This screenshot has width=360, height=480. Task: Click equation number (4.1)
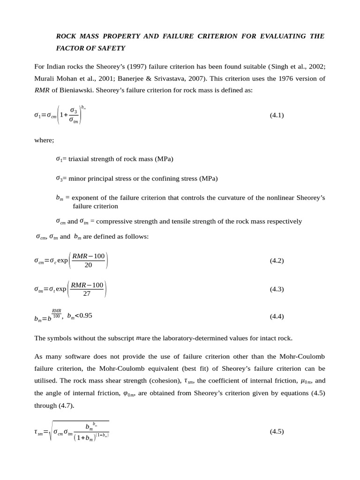pyautogui.click(x=277, y=115)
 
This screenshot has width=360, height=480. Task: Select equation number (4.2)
pyautogui.click(x=277, y=260)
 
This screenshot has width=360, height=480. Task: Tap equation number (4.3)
pyautogui.click(x=277, y=289)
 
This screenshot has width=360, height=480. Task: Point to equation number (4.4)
pyautogui.click(x=277, y=316)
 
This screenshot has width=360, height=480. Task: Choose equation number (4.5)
pyautogui.click(x=277, y=432)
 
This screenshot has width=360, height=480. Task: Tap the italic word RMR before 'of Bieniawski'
pyautogui.click(x=42, y=90)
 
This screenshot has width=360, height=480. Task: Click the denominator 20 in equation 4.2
pyautogui.click(x=88, y=265)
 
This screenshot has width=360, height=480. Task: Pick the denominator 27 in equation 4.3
pyautogui.click(x=87, y=294)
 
